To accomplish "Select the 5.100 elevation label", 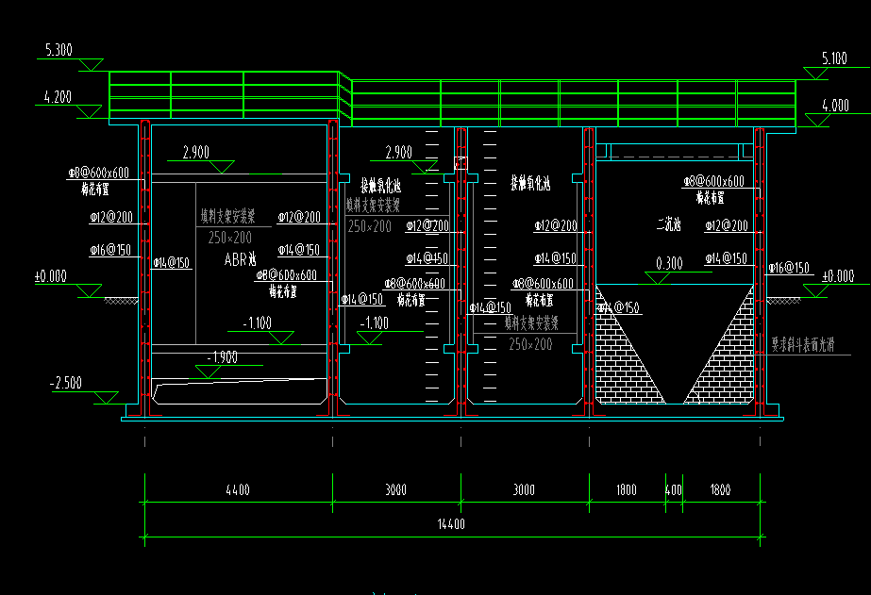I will click(833, 58).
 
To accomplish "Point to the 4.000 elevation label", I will click(833, 106).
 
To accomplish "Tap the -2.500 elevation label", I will click(66, 384).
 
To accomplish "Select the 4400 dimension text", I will click(238, 490).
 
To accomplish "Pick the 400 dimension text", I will click(673, 490).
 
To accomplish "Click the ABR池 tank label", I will click(240, 258).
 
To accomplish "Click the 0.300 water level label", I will click(668, 264).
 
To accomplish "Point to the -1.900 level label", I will click(223, 358).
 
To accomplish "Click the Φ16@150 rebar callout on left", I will click(110, 250).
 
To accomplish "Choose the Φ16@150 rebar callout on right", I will click(790, 268).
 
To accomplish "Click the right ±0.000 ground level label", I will click(838, 276).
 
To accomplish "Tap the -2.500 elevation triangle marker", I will click(105, 398).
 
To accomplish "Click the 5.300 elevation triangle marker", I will click(92, 64).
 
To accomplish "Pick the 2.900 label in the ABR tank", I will click(195, 152).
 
